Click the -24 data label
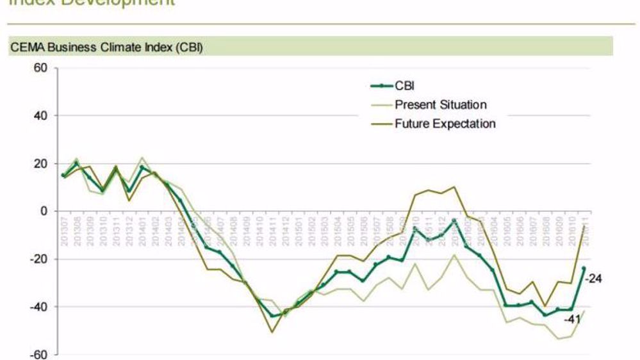(x=594, y=279)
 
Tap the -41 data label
(x=573, y=318)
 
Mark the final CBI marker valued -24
(x=584, y=268)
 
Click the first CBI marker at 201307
(x=63, y=175)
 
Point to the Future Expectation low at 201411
(x=272, y=332)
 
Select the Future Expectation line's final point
(x=584, y=225)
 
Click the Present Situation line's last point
(x=584, y=311)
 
